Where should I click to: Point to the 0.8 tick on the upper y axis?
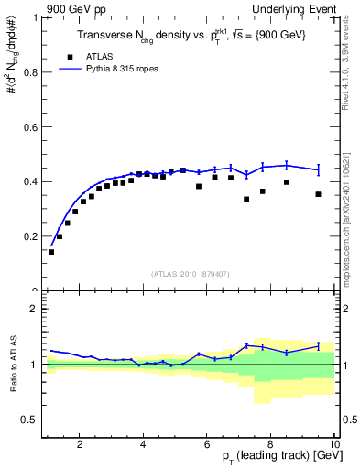coord(33,71)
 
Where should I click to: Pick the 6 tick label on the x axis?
coord(207,445)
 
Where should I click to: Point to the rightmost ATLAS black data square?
coord(318,194)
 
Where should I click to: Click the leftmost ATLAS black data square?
coord(51,252)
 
